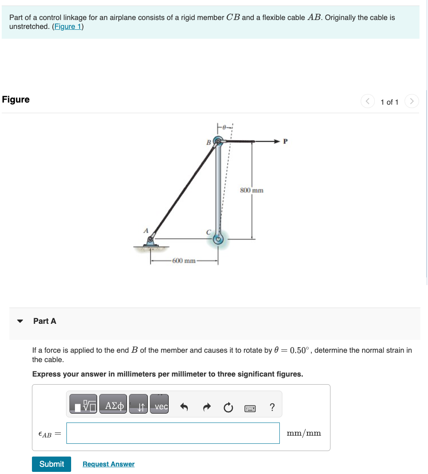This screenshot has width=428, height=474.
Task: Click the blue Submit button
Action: click(52, 464)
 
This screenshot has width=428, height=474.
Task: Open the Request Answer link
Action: click(108, 464)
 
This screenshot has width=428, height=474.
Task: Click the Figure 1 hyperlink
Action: click(67, 26)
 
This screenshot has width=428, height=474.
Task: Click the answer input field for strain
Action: click(173, 433)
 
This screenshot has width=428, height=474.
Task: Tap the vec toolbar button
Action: click(161, 407)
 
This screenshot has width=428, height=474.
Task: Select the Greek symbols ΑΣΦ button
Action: click(113, 407)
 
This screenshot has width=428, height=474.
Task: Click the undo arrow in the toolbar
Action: click(184, 408)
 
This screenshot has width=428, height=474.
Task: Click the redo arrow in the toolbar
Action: click(207, 408)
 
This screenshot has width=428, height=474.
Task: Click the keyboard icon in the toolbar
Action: click(250, 408)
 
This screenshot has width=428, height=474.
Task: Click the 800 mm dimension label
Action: click(252, 190)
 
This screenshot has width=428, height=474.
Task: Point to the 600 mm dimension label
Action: click(184, 260)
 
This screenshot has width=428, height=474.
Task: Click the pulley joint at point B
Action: click(218, 141)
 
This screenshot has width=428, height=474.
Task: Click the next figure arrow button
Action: click(411, 102)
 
